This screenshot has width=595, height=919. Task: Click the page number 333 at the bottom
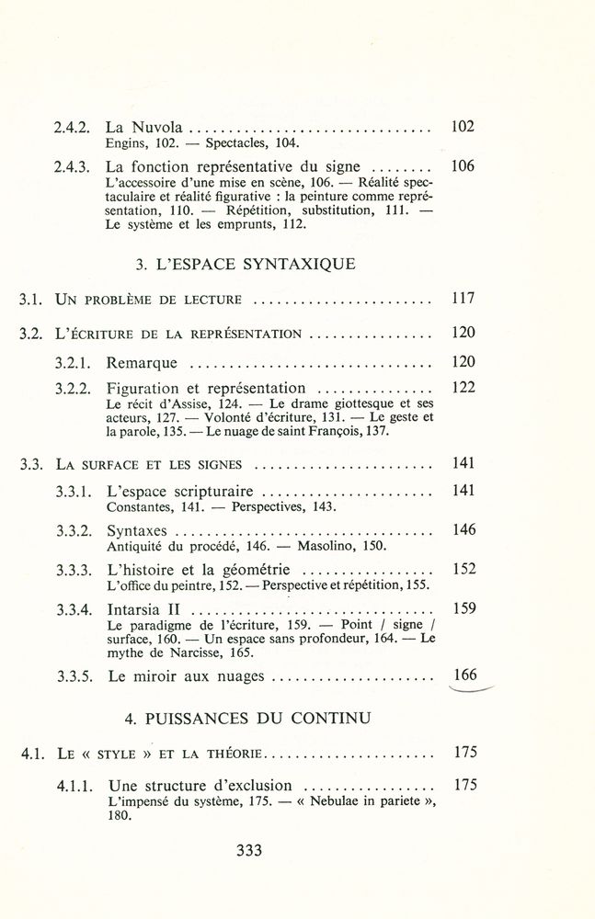click(x=249, y=851)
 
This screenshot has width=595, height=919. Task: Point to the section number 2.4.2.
click(x=72, y=128)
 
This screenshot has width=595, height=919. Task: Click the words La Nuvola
click(x=145, y=128)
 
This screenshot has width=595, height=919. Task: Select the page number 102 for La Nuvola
click(x=463, y=127)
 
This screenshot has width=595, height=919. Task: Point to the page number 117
click(x=463, y=300)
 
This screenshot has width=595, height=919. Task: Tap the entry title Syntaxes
click(x=137, y=530)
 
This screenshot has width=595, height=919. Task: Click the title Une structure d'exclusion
click(x=200, y=787)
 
